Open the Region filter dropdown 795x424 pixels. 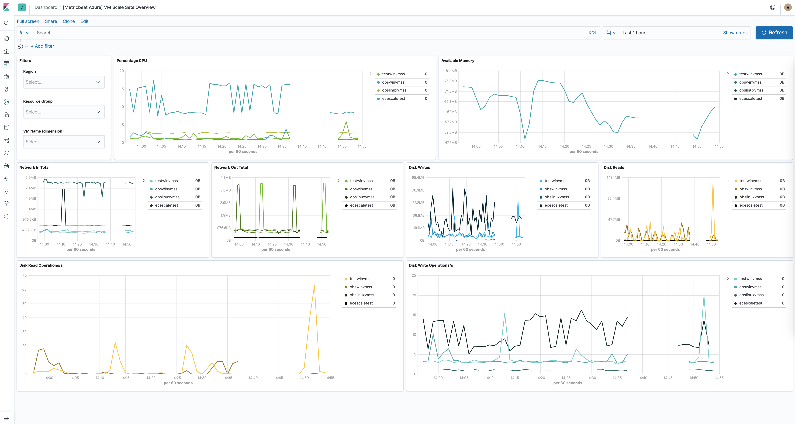point(64,82)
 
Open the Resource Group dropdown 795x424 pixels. point(64,112)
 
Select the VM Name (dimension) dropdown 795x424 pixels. point(64,142)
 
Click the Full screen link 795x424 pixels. point(28,21)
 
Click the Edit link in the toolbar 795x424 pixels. point(84,21)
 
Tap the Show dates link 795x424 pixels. point(735,33)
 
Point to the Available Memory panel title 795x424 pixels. point(458,61)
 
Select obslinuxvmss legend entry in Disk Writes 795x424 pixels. point(557,197)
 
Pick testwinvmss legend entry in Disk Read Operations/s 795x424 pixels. point(361,279)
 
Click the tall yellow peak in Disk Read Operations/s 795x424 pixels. point(314,286)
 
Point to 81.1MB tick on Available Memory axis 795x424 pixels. point(451,71)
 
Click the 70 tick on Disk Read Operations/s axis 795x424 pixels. point(24,275)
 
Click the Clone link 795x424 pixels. point(69,21)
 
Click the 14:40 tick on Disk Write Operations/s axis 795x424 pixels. point(643,378)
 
